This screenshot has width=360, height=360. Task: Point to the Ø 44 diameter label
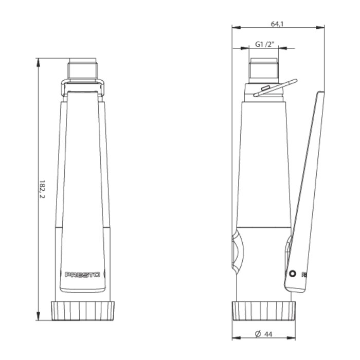264,334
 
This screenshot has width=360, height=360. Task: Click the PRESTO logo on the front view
82,275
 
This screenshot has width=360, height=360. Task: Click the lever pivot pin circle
292,274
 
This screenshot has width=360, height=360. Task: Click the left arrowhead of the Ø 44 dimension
235,338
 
